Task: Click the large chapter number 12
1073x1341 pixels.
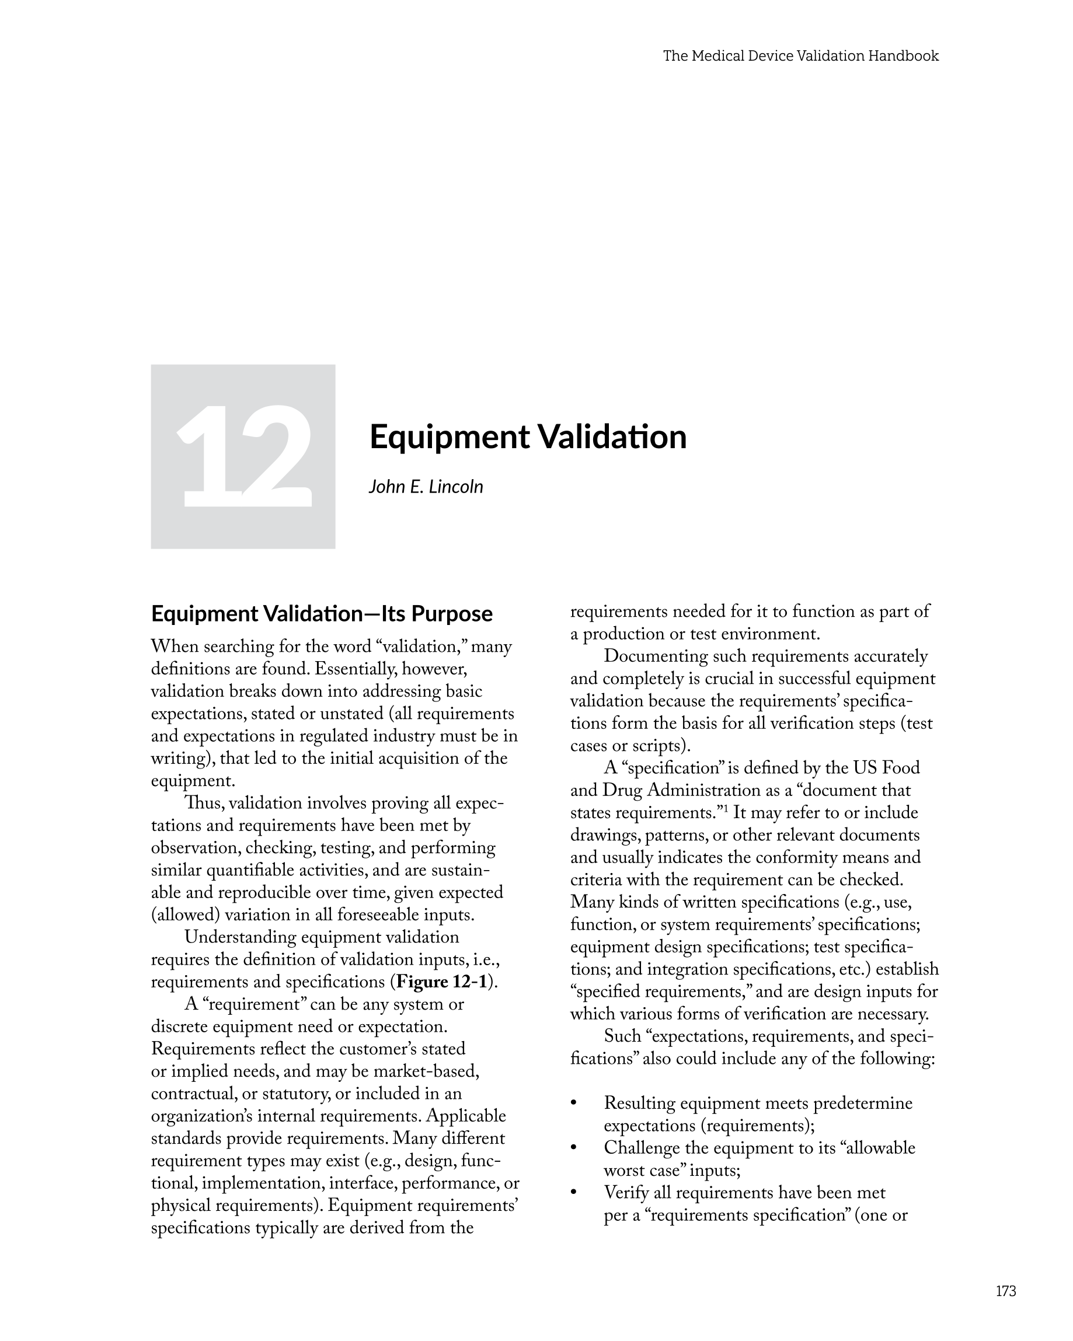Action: [x=244, y=456]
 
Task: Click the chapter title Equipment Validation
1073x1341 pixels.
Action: [x=528, y=436]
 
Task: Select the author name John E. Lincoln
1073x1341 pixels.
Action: [x=426, y=487]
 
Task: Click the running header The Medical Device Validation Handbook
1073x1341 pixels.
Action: [x=800, y=56]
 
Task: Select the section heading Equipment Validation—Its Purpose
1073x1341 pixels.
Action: [x=322, y=614]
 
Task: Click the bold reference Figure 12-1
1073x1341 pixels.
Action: [x=441, y=982]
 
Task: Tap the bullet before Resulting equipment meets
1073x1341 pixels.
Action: [x=574, y=1104]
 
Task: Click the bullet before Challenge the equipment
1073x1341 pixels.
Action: [x=574, y=1149]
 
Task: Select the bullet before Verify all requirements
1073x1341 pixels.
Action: [x=574, y=1193]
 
